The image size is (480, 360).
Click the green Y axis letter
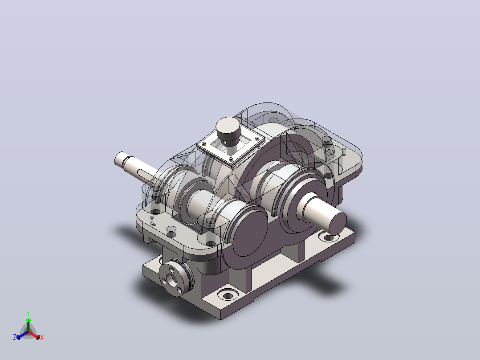28,313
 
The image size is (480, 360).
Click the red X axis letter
42,337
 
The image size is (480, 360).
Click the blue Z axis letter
15,337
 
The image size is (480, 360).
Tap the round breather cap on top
228,129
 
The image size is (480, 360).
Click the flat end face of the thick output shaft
338,223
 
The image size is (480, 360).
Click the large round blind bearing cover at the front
249,230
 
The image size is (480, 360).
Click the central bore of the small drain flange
171,279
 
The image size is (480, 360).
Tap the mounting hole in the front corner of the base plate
228,296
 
